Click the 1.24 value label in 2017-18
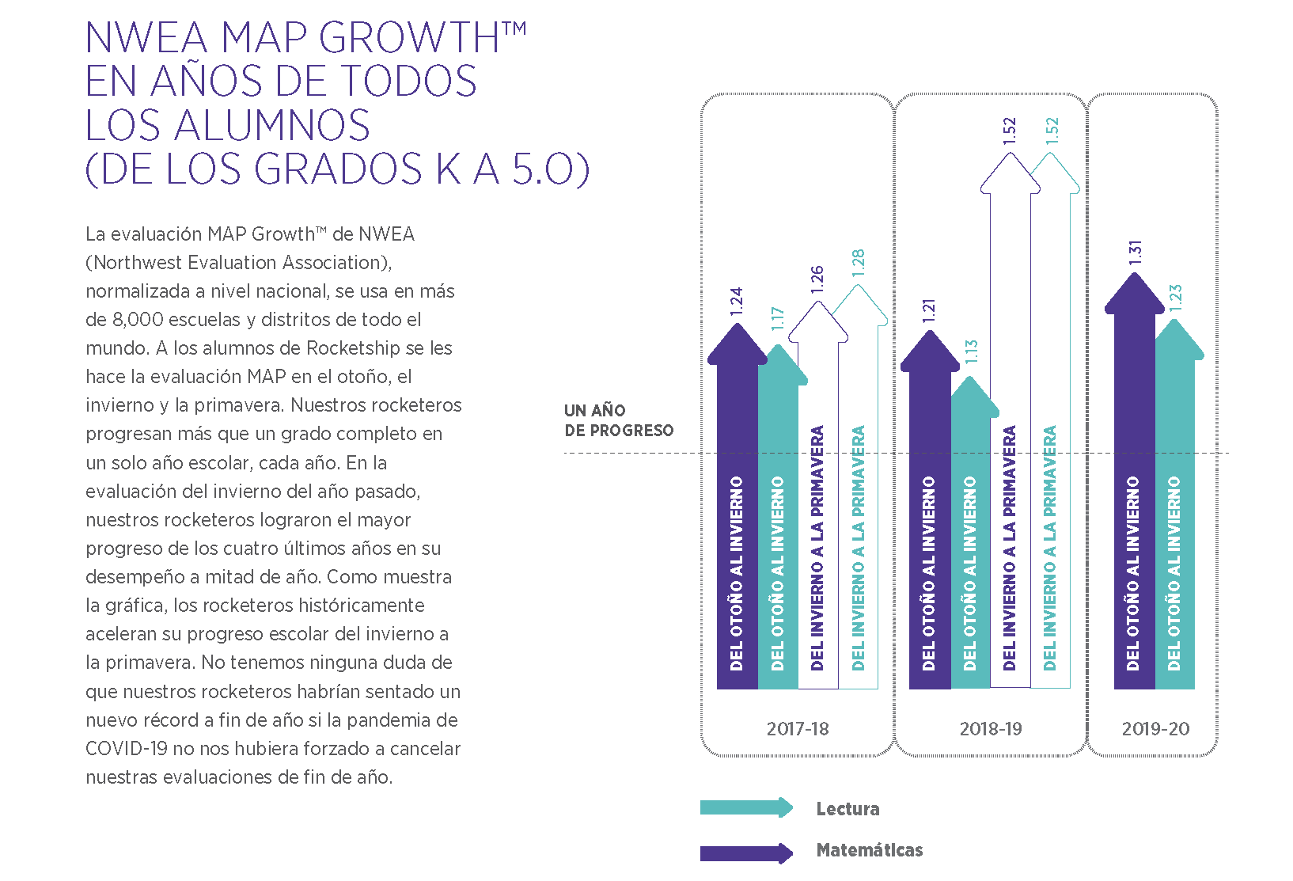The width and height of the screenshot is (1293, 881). click(x=737, y=302)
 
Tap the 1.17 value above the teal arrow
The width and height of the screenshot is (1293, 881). click(x=777, y=318)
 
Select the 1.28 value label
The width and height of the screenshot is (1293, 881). click(x=859, y=262)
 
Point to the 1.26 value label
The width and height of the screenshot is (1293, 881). click(x=817, y=279)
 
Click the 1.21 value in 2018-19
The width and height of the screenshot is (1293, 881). click(x=929, y=310)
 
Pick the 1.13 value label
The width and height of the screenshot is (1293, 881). click(x=971, y=351)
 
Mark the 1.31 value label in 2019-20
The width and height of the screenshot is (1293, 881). click(x=1135, y=252)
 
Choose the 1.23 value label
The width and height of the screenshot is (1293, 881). click(x=1176, y=297)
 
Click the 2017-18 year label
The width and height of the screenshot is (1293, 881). click(x=798, y=729)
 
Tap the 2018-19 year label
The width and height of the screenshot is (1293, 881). click(x=991, y=729)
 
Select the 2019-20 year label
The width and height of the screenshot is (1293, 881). click(x=1155, y=729)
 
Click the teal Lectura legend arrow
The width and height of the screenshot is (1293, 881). click(x=746, y=807)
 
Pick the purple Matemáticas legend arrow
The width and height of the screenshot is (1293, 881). click(x=746, y=853)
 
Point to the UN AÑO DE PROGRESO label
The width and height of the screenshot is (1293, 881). click(x=618, y=420)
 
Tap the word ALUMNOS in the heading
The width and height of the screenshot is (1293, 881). click(x=271, y=125)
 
